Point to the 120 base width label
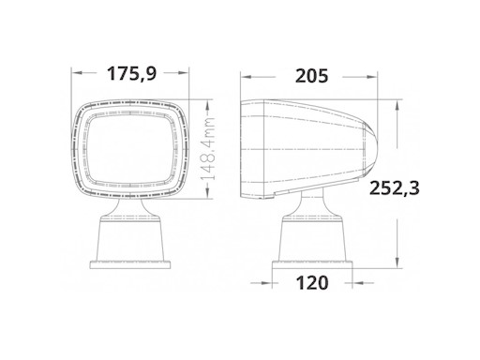point(310,280)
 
